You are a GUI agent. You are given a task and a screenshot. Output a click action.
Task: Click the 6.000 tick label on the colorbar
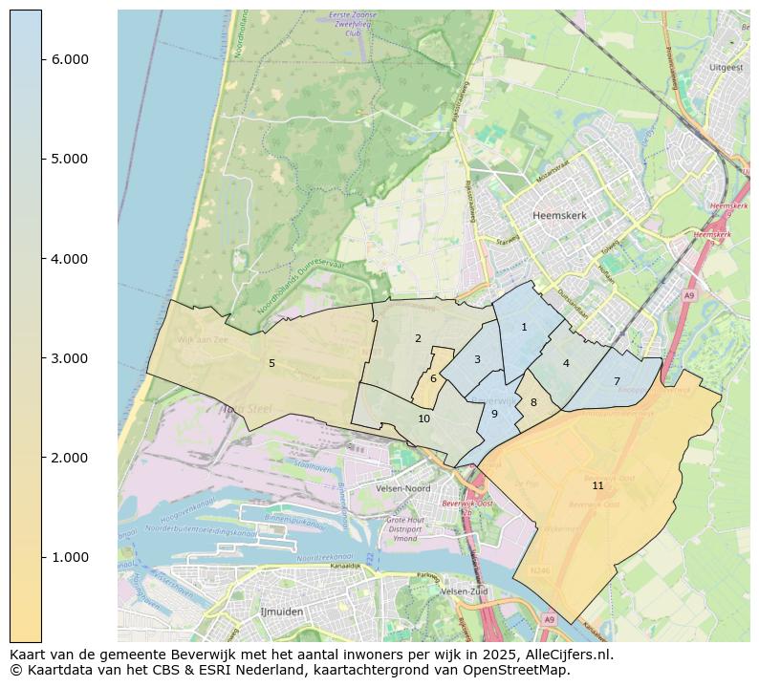[x=70, y=59]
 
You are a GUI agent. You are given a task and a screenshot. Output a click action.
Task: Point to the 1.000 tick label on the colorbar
[x=70, y=557]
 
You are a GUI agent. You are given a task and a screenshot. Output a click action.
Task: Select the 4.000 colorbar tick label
[x=70, y=259]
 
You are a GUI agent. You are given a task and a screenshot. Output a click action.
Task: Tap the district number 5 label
[x=271, y=363]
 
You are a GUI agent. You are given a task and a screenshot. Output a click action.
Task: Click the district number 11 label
[x=597, y=485]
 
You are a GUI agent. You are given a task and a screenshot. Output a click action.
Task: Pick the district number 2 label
[x=418, y=338]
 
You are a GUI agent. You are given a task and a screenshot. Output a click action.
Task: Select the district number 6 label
[x=433, y=378]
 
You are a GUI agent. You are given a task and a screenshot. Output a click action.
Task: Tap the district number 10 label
[x=424, y=419]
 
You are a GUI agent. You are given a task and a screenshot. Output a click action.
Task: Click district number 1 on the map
[x=524, y=327]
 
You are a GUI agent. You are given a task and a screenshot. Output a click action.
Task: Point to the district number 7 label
[x=617, y=381]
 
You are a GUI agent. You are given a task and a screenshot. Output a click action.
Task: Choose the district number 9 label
[x=494, y=414]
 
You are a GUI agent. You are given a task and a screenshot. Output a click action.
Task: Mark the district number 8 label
[x=533, y=402]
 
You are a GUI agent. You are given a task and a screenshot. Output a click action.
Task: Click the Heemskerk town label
[x=560, y=216]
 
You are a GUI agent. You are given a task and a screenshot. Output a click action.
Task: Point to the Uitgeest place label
[x=726, y=68]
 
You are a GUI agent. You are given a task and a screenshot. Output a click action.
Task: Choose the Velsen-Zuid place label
[x=465, y=591]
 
